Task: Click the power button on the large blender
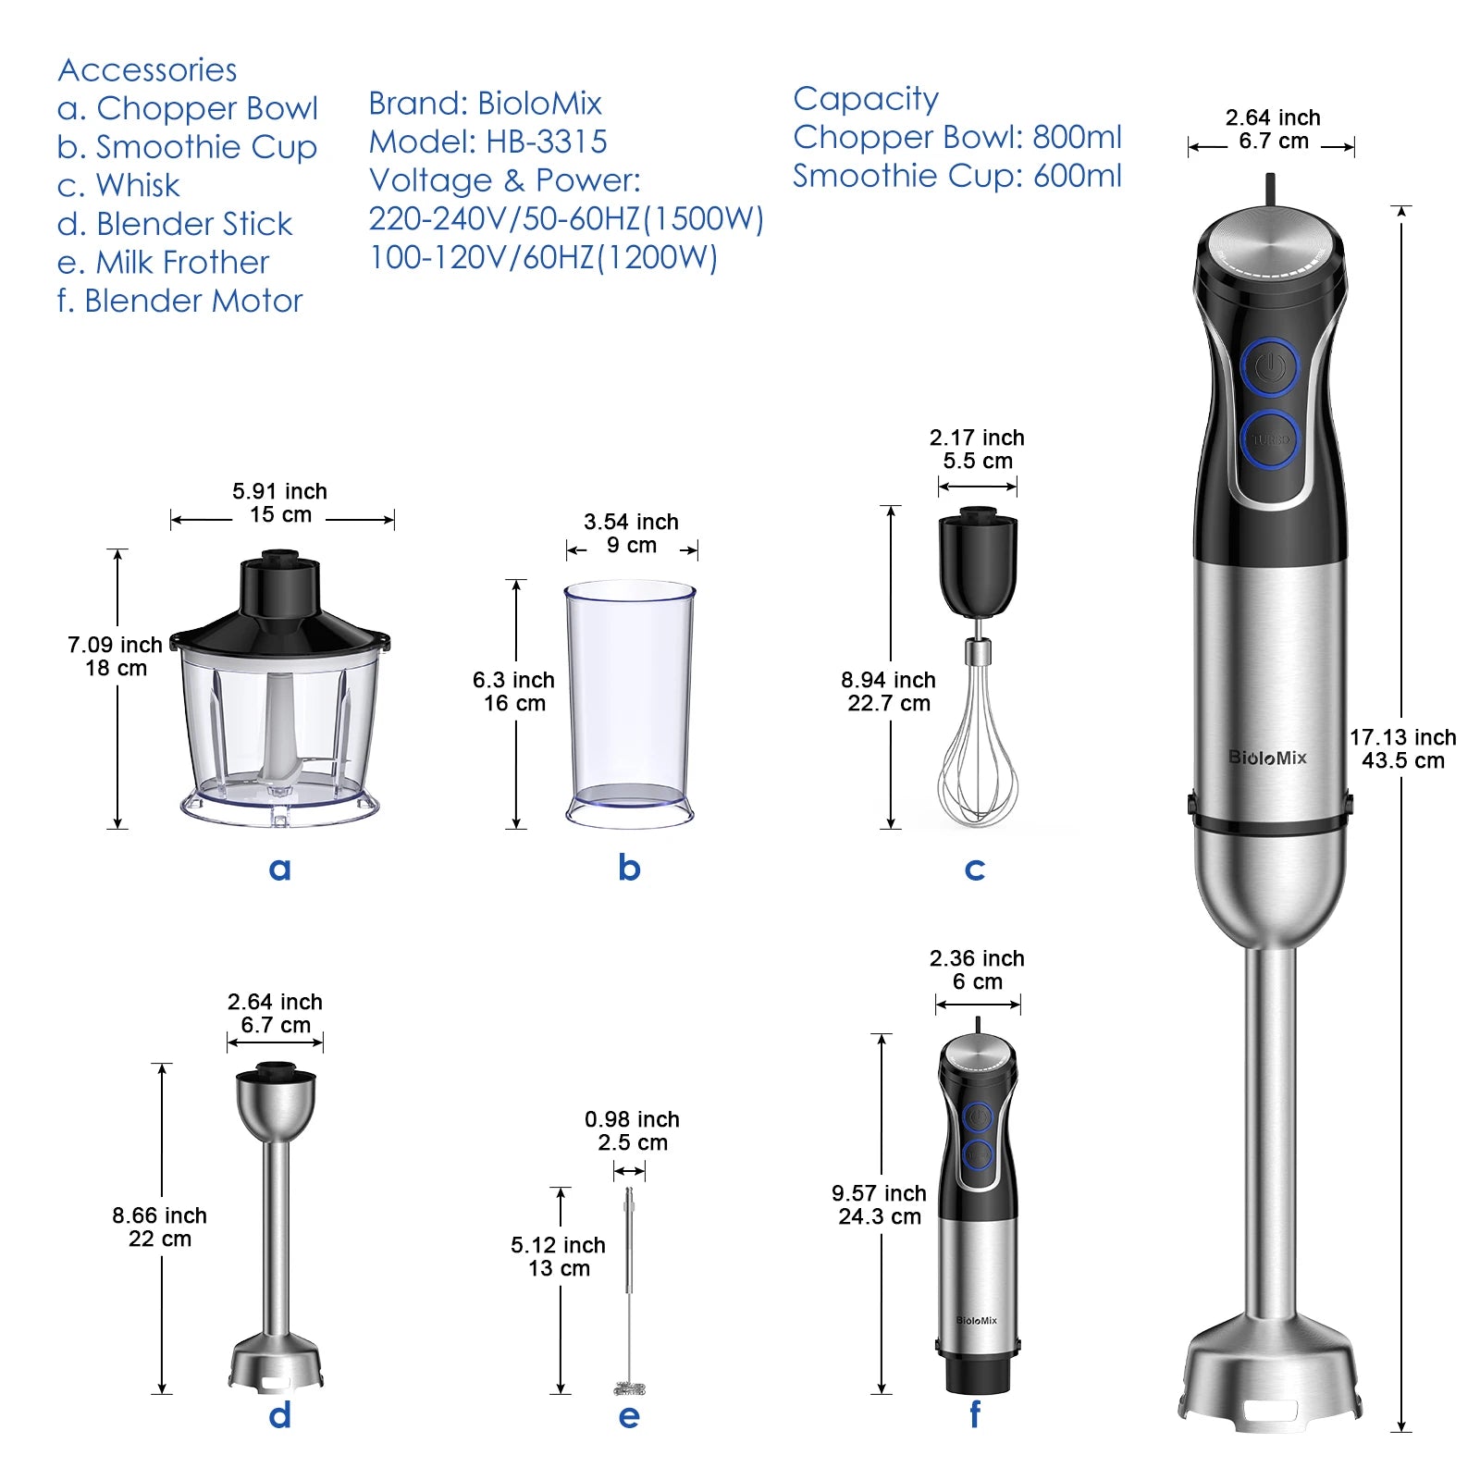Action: pyautogui.click(x=1270, y=367)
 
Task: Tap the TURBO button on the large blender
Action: pyautogui.click(x=1270, y=439)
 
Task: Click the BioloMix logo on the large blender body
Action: pyautogui.click(x=1267, y=758)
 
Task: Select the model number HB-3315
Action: pyautogui.click(x=546, y=142)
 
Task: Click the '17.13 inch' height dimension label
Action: pyautogui.click(x=1402, y=737)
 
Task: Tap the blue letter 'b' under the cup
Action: pyautogui.click(x=629, y=868)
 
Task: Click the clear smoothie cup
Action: pyautogui.click(x=630, y=703)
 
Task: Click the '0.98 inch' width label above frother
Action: pyautogui.click(x=632, y=1119)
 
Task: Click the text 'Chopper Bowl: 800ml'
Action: pyautogui.click(x=956, y=137)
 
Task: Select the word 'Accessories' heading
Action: pyautogui.click(x=147, y=70)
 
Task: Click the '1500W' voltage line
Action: pyautogui.click(x=566, y=219)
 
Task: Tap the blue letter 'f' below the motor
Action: pyautogui.click(x=975, y=1414)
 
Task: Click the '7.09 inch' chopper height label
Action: pyautogui.click(x=115, y=645)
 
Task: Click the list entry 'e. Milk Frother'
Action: pyautogui.click(x=163, y=263)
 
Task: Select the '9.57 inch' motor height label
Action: pyautogui.click(x=879, y=1193)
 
